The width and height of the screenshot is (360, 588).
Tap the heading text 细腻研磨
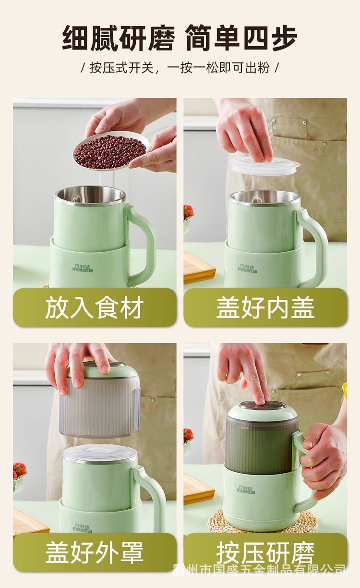point(119,38)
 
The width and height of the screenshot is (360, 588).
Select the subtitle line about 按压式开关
point(180,68)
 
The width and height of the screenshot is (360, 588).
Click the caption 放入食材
point(95,307)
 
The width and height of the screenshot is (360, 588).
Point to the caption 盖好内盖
point(265,307)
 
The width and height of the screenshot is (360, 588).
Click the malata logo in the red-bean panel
point(83,268)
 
